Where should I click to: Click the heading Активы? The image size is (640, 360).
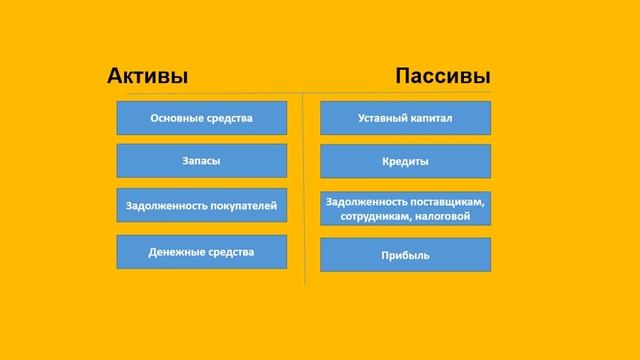(x=147, y=77)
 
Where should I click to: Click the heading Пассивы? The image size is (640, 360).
(x=443, y=77)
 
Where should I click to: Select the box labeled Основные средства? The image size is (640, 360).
(x=201, y=118)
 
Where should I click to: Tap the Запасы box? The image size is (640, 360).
(x=201, y=160)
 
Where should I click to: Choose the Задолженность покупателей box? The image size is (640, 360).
(x=201, y=206)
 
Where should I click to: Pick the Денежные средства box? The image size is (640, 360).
(x=201, y=251)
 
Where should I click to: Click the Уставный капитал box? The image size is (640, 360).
(x=405, y=118)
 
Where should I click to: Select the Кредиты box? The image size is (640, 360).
(x=405, y=160)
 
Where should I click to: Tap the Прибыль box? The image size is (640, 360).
(x=405, y=255)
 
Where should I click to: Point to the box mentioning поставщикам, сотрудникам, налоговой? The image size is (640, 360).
(x=405, y=208)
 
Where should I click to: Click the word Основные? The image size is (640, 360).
(x=175, y=118)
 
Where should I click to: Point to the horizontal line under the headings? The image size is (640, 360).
(x=300, y=93)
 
